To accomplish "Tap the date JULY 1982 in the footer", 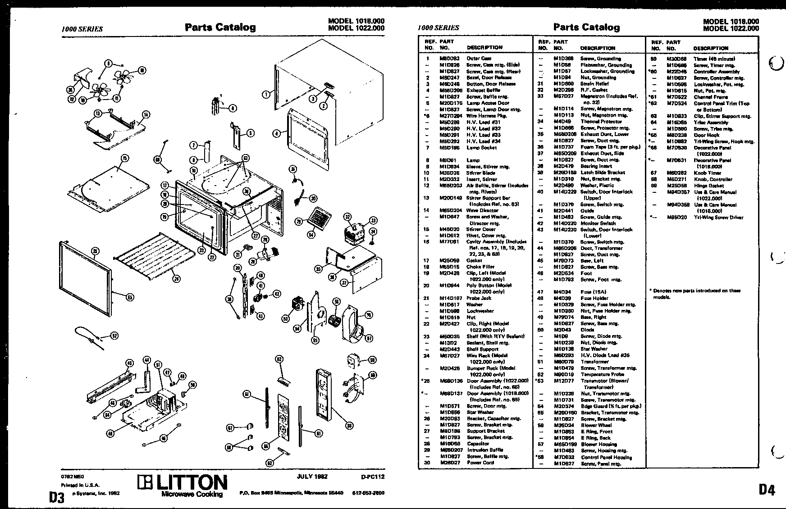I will tap(312, 477).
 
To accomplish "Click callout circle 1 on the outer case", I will tap(266, 94).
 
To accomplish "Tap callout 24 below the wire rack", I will tap(176, 279).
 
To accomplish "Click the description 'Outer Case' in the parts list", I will tap(479, 59).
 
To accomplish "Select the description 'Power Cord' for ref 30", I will tap(480, 463).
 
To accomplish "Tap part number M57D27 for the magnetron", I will tap(562, 96).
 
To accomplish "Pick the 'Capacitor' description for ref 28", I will tap(478, 444).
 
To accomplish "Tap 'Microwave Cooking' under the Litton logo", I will tap(192, 495).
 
